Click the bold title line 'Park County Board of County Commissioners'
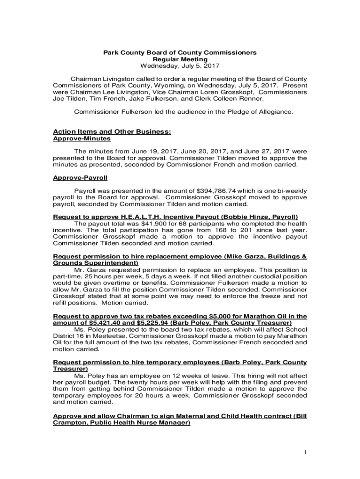click(x=180, y=53)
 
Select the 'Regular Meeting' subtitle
click(x=180, y=59)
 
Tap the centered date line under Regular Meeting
click(x=180, y=66)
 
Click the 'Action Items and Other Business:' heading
click(x=112, y=132)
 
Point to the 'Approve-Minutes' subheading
click(x=82, y=139)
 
